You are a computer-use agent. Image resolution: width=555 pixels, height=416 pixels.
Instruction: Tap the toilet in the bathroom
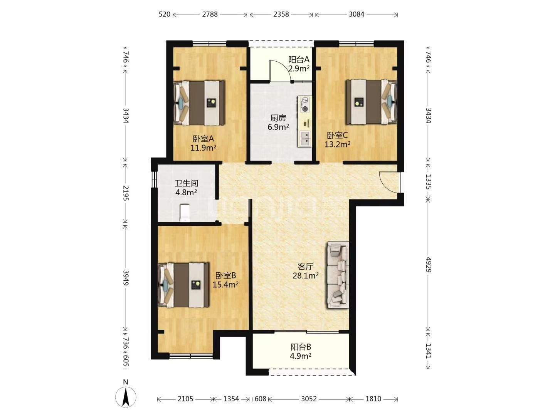click(185, 213)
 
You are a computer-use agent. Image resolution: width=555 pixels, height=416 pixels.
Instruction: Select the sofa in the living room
click(338, 275)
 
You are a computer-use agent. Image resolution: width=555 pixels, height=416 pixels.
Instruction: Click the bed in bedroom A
click(199, 103)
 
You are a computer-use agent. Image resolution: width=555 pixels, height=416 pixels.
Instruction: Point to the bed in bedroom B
click(183, 285)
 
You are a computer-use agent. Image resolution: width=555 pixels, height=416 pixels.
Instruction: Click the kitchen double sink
click(305, 139)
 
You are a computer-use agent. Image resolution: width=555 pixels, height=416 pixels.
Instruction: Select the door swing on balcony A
click(281, 71)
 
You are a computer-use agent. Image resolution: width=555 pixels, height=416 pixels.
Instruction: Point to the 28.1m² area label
click(305, 275)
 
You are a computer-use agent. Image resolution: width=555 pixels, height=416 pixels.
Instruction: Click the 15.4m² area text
click(225, 285)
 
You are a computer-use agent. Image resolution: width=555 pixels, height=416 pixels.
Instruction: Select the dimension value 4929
click(428, 265)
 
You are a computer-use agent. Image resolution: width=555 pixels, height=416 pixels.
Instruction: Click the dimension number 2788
click(210, 14)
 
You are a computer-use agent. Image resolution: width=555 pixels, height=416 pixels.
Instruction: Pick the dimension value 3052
click(309, 399)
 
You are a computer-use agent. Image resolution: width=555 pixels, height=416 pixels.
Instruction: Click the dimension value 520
click(165, 14)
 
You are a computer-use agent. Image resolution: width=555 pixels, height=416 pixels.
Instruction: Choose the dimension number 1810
click(373, 399)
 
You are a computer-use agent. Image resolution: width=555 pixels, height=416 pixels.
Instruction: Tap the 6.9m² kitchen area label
click(278, 127)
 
